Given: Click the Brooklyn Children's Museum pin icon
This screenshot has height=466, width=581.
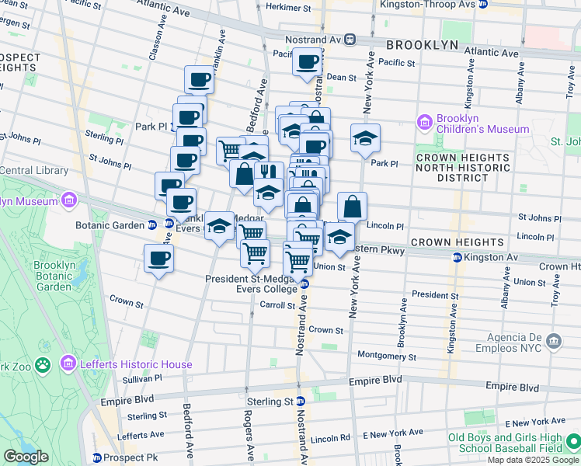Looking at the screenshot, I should point(424,122).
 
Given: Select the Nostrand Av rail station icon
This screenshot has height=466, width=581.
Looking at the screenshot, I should point(351,38).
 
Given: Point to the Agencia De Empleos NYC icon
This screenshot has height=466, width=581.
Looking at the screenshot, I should point(553,340).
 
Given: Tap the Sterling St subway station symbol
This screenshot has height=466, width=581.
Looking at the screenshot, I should point(300,402).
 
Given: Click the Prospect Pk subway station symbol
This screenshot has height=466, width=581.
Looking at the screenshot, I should point(97,457).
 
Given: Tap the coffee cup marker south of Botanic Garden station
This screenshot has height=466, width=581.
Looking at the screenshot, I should point(159,258).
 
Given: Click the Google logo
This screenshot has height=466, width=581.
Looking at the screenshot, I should point(25,457).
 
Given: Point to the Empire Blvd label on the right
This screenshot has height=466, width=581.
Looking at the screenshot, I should point(512,386).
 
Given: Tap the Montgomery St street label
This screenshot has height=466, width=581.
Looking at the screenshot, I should point(387,356).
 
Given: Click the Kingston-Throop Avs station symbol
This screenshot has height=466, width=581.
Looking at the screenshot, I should point(482,4).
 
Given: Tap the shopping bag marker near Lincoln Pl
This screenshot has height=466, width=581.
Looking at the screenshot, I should point(352,207).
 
